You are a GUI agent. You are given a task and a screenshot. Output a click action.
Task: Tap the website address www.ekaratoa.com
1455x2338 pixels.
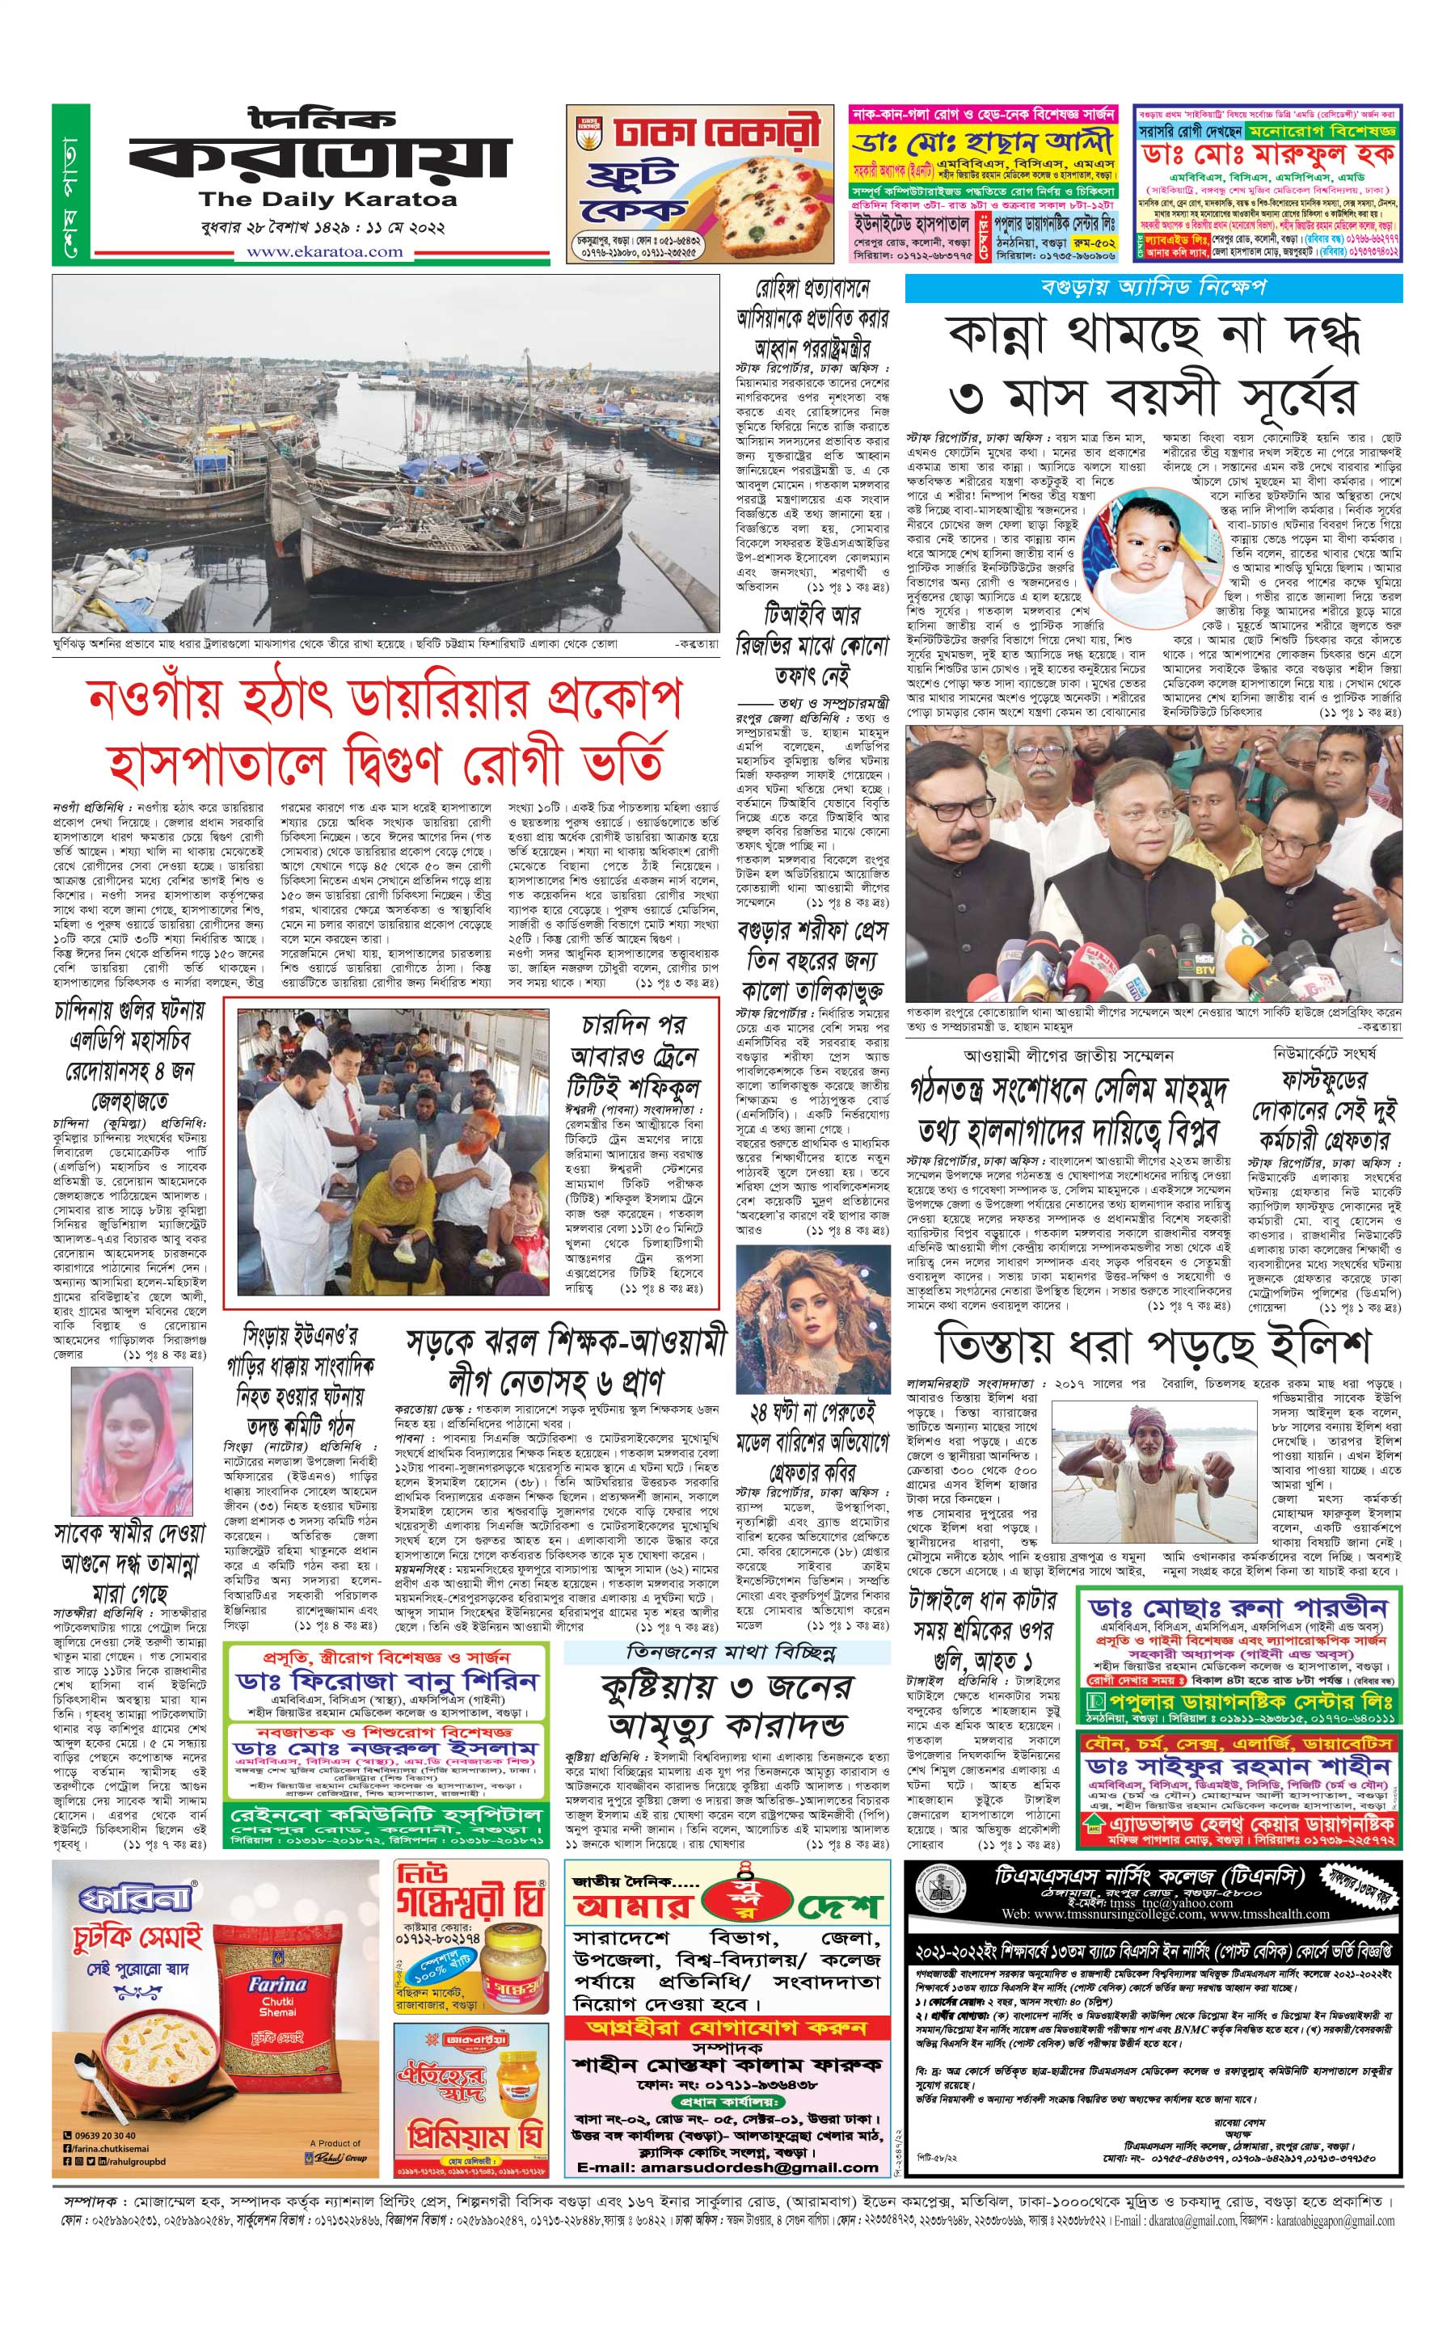325,252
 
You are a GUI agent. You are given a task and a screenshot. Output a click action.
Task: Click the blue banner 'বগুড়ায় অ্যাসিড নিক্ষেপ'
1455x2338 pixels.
1153,287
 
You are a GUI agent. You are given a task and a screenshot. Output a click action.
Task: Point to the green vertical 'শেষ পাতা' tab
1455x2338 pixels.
70,183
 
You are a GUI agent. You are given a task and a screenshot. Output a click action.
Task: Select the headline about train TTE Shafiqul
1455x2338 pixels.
635,1055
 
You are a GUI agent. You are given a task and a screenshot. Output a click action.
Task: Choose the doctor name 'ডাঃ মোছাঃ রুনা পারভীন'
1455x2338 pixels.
1238,1607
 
